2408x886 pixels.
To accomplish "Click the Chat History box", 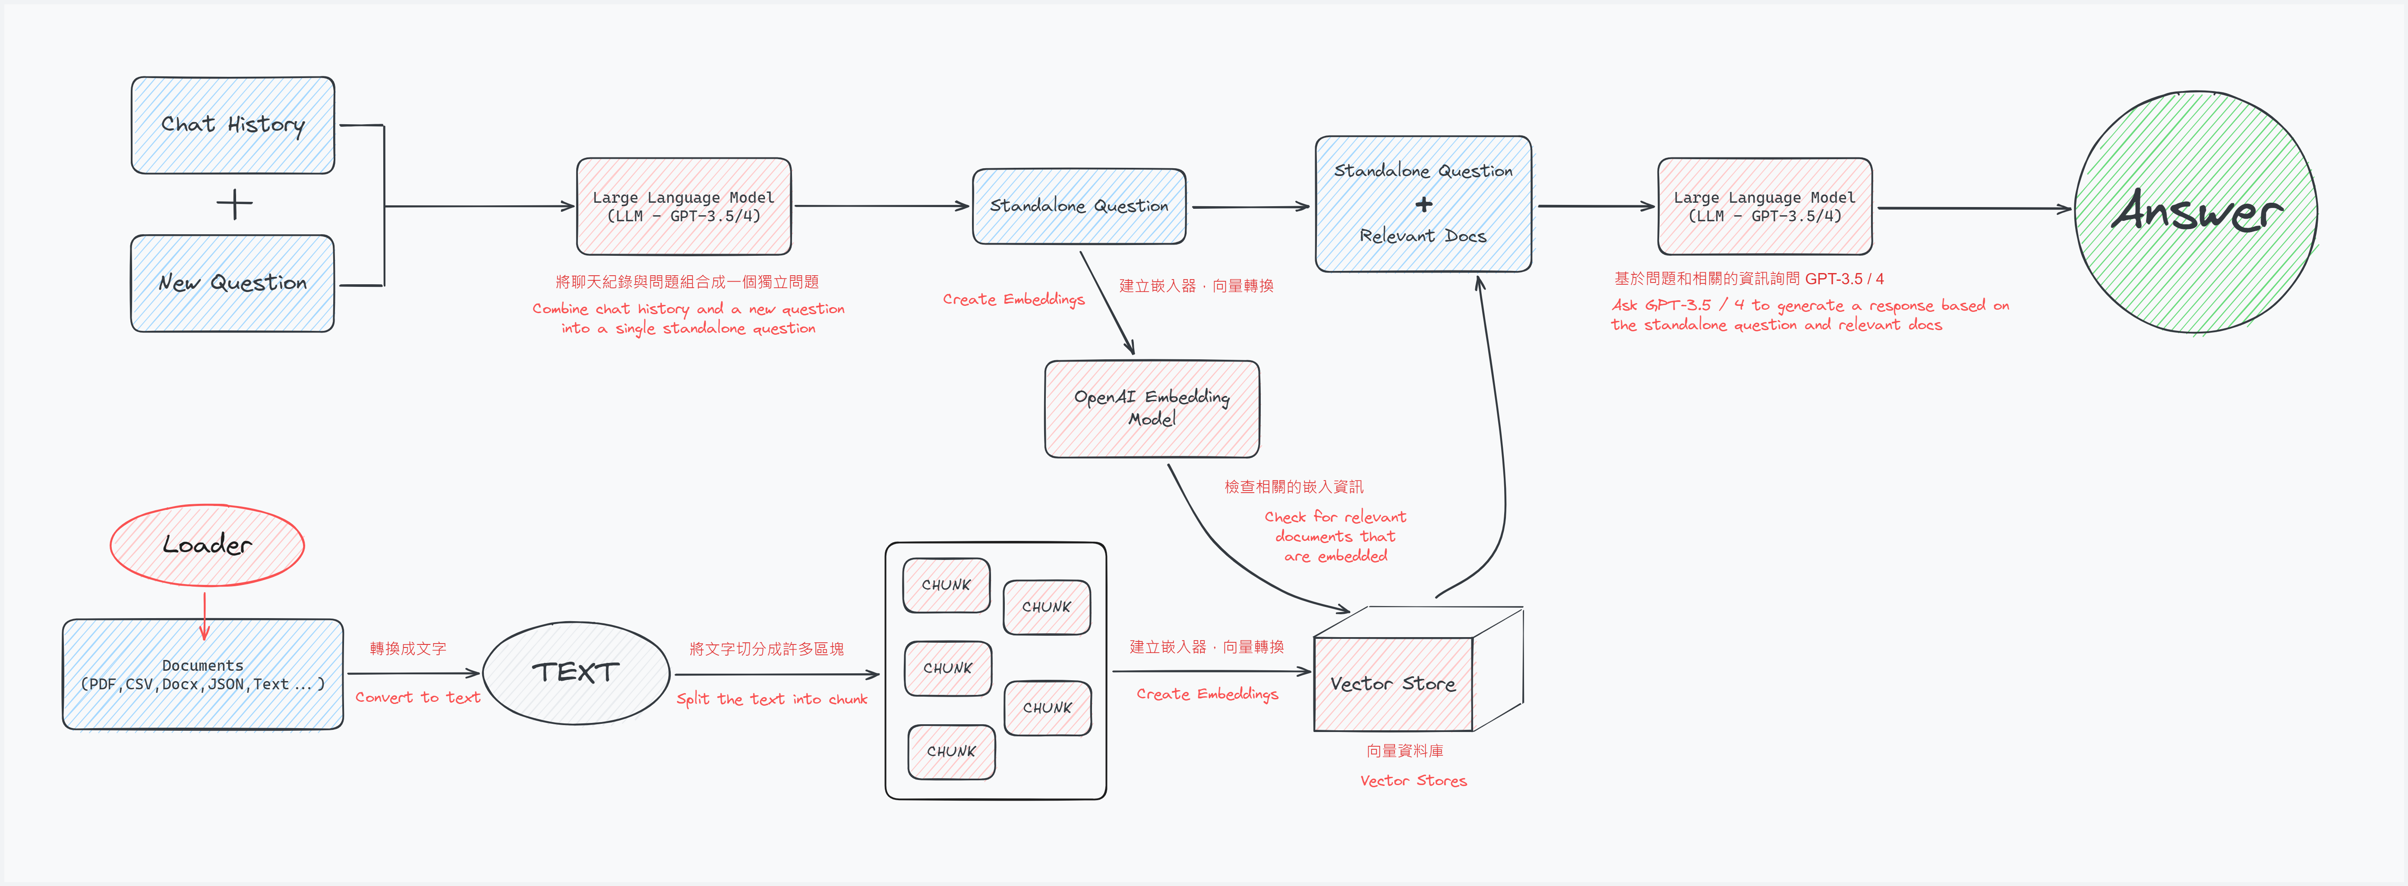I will (x=233, y=125).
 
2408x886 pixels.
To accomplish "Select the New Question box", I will (x=233, y=283).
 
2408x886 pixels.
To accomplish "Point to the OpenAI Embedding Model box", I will (x=1152, y=408).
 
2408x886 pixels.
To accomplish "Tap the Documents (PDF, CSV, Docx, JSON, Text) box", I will (x=203, y=674).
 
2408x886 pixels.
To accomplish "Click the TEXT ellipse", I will (x=576, y=673).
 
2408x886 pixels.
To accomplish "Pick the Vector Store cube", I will (x=1393, y=683).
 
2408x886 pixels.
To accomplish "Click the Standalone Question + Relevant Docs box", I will (x=1423, y=204).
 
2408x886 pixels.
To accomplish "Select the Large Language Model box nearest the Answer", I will (x=1764, y=207).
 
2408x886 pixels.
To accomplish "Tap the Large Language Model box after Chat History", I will (x=683, y=207).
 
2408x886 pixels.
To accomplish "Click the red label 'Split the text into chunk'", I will (x=772, y=699).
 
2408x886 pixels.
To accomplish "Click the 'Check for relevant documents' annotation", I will (x=1335, y=537).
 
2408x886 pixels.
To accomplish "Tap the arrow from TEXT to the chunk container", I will (x=776, y=674).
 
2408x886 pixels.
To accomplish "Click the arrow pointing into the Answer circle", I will (x=1972, y=208).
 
